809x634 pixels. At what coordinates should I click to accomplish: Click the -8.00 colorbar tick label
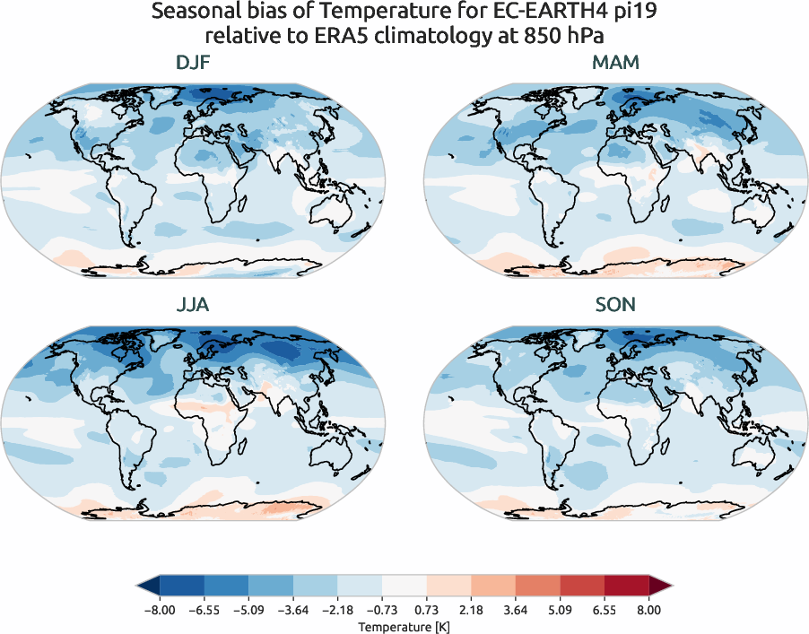(159, 610)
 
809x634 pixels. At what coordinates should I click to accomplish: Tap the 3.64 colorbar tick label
(516, 610)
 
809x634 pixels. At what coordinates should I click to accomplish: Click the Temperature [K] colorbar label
(404, 625)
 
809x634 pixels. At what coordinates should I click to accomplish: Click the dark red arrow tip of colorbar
(661, 586)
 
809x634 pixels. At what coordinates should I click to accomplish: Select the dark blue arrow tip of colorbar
(147, 586)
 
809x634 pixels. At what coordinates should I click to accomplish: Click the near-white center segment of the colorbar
(404, 586)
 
